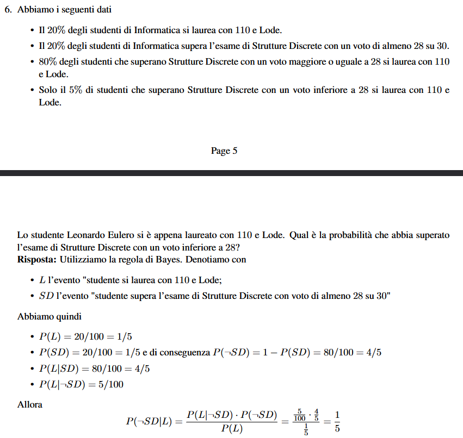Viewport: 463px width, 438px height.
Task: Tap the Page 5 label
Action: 224,151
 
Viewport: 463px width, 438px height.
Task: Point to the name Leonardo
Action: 85,235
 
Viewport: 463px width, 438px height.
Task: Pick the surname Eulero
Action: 119,235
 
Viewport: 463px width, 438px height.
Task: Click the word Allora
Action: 29,404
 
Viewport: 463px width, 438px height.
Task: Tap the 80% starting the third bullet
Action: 48,62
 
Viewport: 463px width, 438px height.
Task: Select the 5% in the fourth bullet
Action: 75,90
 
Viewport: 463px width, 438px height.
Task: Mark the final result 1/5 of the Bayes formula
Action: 337,421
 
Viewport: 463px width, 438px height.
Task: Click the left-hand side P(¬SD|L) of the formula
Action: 149,421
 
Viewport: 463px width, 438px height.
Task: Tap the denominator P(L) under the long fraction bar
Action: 232,429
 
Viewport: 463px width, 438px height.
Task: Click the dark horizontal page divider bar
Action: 231,173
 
